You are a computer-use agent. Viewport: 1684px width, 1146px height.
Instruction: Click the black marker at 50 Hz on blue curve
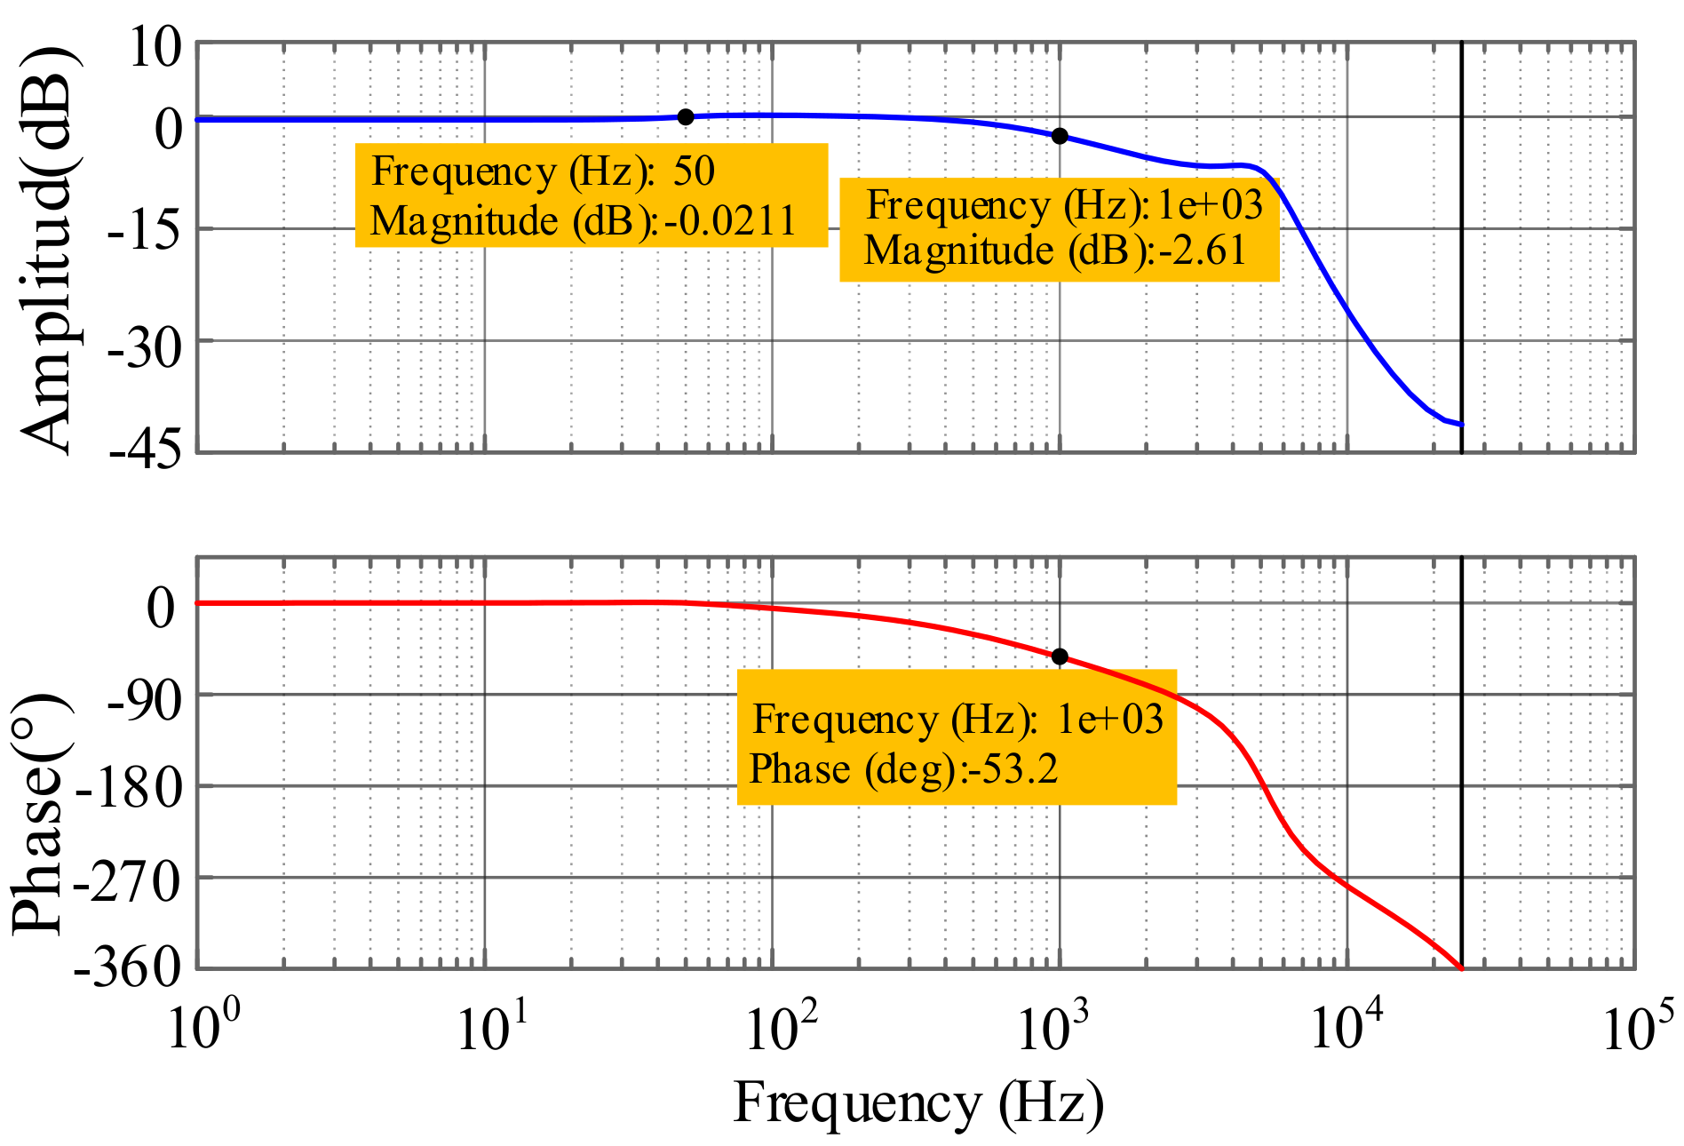pyautogui.click(x=686, y=117)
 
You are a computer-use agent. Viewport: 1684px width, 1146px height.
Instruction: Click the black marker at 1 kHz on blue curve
pyautogui.click(x=1060, y=136)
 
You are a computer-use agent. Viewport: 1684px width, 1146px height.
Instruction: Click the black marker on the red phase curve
pyautogui.click(x=1060, y=657)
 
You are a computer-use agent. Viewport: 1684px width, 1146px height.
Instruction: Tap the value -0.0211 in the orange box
pyautogui.click(x=731, y=220)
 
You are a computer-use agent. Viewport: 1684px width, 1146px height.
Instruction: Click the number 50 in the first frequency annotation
pyautogui.click(x=694, y=171)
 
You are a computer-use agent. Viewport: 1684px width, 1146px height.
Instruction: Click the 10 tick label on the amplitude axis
pyautogui.click(x=155, y=47)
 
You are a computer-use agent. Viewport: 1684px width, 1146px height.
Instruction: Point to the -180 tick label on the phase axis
pyautogui.click(x=129, y=788)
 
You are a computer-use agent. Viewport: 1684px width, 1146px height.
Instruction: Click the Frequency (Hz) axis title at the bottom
pyautogui.click(x=918, y=1104)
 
